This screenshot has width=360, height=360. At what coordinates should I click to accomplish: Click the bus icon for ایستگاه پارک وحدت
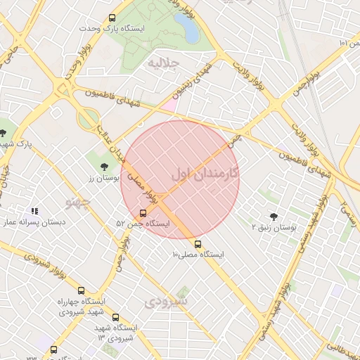[x=112, y=18]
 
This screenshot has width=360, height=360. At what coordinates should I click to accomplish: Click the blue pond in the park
[x=186, y=29]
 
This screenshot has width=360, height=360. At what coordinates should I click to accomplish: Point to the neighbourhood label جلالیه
[x=163, y=63]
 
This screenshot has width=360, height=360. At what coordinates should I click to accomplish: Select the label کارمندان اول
[x=205, y=172]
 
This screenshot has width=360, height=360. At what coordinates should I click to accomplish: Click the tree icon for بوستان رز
[x=105, y=166]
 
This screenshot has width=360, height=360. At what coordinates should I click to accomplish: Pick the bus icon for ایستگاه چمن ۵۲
[x=143, y=212]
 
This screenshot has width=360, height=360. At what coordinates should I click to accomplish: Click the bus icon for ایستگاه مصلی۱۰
[x=198, y=244]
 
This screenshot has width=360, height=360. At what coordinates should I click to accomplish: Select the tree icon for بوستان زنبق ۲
[x=274, y=217]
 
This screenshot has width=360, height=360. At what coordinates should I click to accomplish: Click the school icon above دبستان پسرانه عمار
[x=34, y=210]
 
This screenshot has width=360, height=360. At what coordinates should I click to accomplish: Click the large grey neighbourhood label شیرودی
[x=167, y=302]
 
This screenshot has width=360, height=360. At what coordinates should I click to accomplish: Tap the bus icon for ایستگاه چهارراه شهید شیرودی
[x=82, y=290]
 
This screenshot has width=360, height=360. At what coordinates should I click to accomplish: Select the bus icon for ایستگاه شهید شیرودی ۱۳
[x=115, y=317]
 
